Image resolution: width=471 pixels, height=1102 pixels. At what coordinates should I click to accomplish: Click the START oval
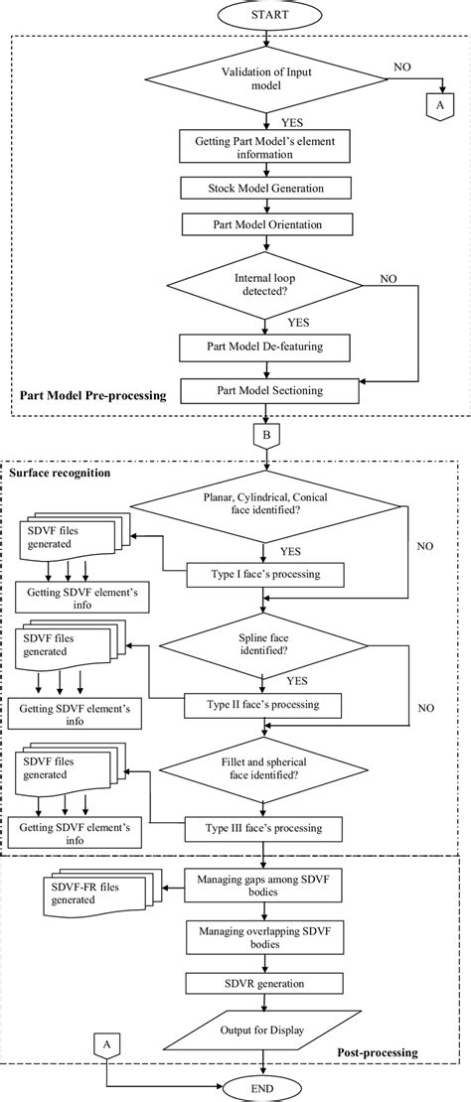click(x=264, y=18)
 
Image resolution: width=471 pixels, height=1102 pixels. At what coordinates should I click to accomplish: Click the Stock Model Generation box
click(x=264, y=188)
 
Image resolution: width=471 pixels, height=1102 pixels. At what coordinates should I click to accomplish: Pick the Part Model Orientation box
click(x=264, y=225)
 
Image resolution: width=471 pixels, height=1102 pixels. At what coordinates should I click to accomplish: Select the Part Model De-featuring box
click(x=264, y=346)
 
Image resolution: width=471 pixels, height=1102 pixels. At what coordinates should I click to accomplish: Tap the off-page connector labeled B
click(x=264, y=435)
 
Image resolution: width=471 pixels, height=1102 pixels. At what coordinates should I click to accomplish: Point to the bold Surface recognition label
click(x=59, y=473)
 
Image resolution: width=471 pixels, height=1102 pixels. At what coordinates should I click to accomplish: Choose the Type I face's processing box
click(x=264, y=575)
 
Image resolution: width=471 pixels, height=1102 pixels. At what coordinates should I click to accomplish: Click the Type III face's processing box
click(x=264, y=827)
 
